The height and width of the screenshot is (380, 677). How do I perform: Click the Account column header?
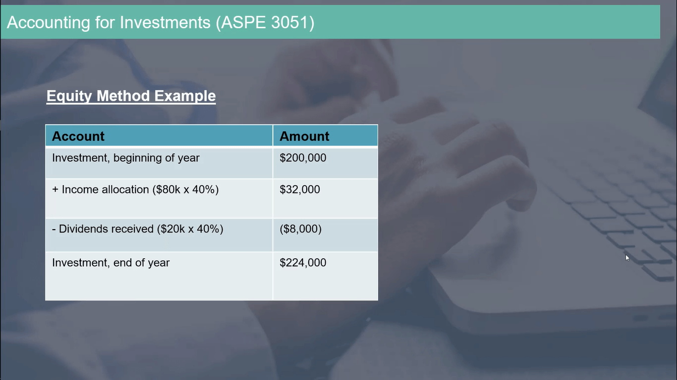pyautogui.click(x=78, y=136)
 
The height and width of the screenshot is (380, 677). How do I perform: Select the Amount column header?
pyautogui.click(x=304, y=136)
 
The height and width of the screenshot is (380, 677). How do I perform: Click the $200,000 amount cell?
pyautogui.click(x=303, y=158)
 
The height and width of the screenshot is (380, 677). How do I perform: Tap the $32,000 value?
pyautogui.click(x=300, y=190)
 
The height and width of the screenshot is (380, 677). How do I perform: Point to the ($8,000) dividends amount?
pyautogui.click(x=300, y=229)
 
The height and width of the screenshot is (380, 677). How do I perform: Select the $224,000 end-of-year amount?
pyautogui.click(x=303, y=263)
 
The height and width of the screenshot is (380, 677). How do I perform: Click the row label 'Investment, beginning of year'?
pyautogui.click(x=126, y=158)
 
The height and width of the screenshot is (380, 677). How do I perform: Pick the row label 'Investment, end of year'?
pyautogui.click(x=111, y=263)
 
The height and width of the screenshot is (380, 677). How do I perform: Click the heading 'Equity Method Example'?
pyautogui.click(x=131, y=95)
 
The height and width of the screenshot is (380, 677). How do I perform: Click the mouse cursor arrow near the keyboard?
pyautogui.click(x=627, y=257)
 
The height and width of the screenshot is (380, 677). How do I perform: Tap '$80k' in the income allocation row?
pyautogui.click(x=169, y=190)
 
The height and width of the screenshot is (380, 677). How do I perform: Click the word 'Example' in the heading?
pyautogui.click(x=185, y=95)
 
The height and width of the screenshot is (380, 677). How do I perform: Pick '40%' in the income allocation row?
pyautogui.click(x=203, y=190)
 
